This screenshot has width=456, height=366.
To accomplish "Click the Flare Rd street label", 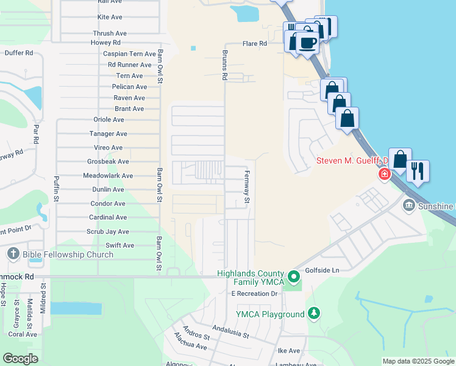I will click(x=255, y=44).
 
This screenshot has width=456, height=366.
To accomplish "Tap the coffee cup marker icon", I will click(x=308, y=43).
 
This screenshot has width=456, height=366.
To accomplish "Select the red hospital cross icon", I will click(x=384, y=175).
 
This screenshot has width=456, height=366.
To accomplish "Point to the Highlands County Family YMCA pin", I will click(x=294, y=278).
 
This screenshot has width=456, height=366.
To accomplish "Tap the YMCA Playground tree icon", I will click(x=314, y=314).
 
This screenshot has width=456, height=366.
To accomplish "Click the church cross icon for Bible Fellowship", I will click(x=13, y=254).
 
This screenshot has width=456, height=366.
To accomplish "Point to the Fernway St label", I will click(x=248, y=187).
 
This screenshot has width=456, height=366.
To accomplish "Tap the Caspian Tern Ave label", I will click(x=129, y=54).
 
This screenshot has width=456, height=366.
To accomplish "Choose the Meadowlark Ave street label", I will click(x=108, y=176).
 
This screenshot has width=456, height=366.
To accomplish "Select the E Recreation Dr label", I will click(x=254, y=294).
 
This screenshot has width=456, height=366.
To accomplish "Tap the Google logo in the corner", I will click(x=21, y=359).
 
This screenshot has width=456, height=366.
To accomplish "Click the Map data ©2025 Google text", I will click(x=418, y=361).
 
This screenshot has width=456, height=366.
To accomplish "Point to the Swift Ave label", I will click(x=120, y=245).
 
